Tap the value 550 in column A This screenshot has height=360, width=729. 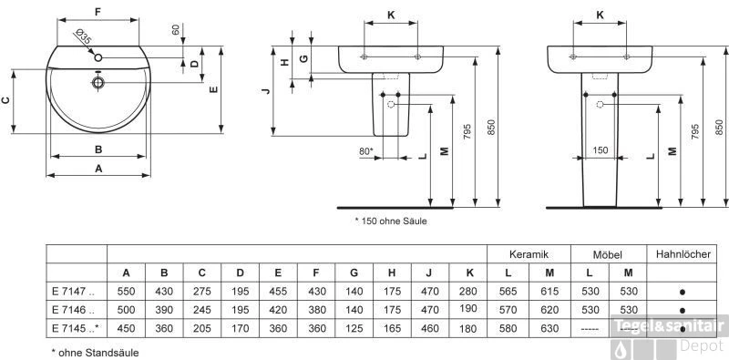(x=126, y=292)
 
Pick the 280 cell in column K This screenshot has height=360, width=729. (x=469, y=292)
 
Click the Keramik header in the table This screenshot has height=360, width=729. (x=528, y=254)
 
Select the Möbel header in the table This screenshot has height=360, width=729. (x=606, y=254)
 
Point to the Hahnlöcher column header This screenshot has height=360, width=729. (x=683, y=254)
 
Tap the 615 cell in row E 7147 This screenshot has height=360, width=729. (x=549, y=292)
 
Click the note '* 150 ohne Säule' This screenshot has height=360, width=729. (x=390, y=221)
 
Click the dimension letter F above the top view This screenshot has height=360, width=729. (x=98, y=13)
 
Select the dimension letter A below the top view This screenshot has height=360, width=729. (x=98, y=169)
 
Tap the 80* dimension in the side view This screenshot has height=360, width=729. (x=365, y=150)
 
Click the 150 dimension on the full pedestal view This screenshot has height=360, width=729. (x=601, y=150)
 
